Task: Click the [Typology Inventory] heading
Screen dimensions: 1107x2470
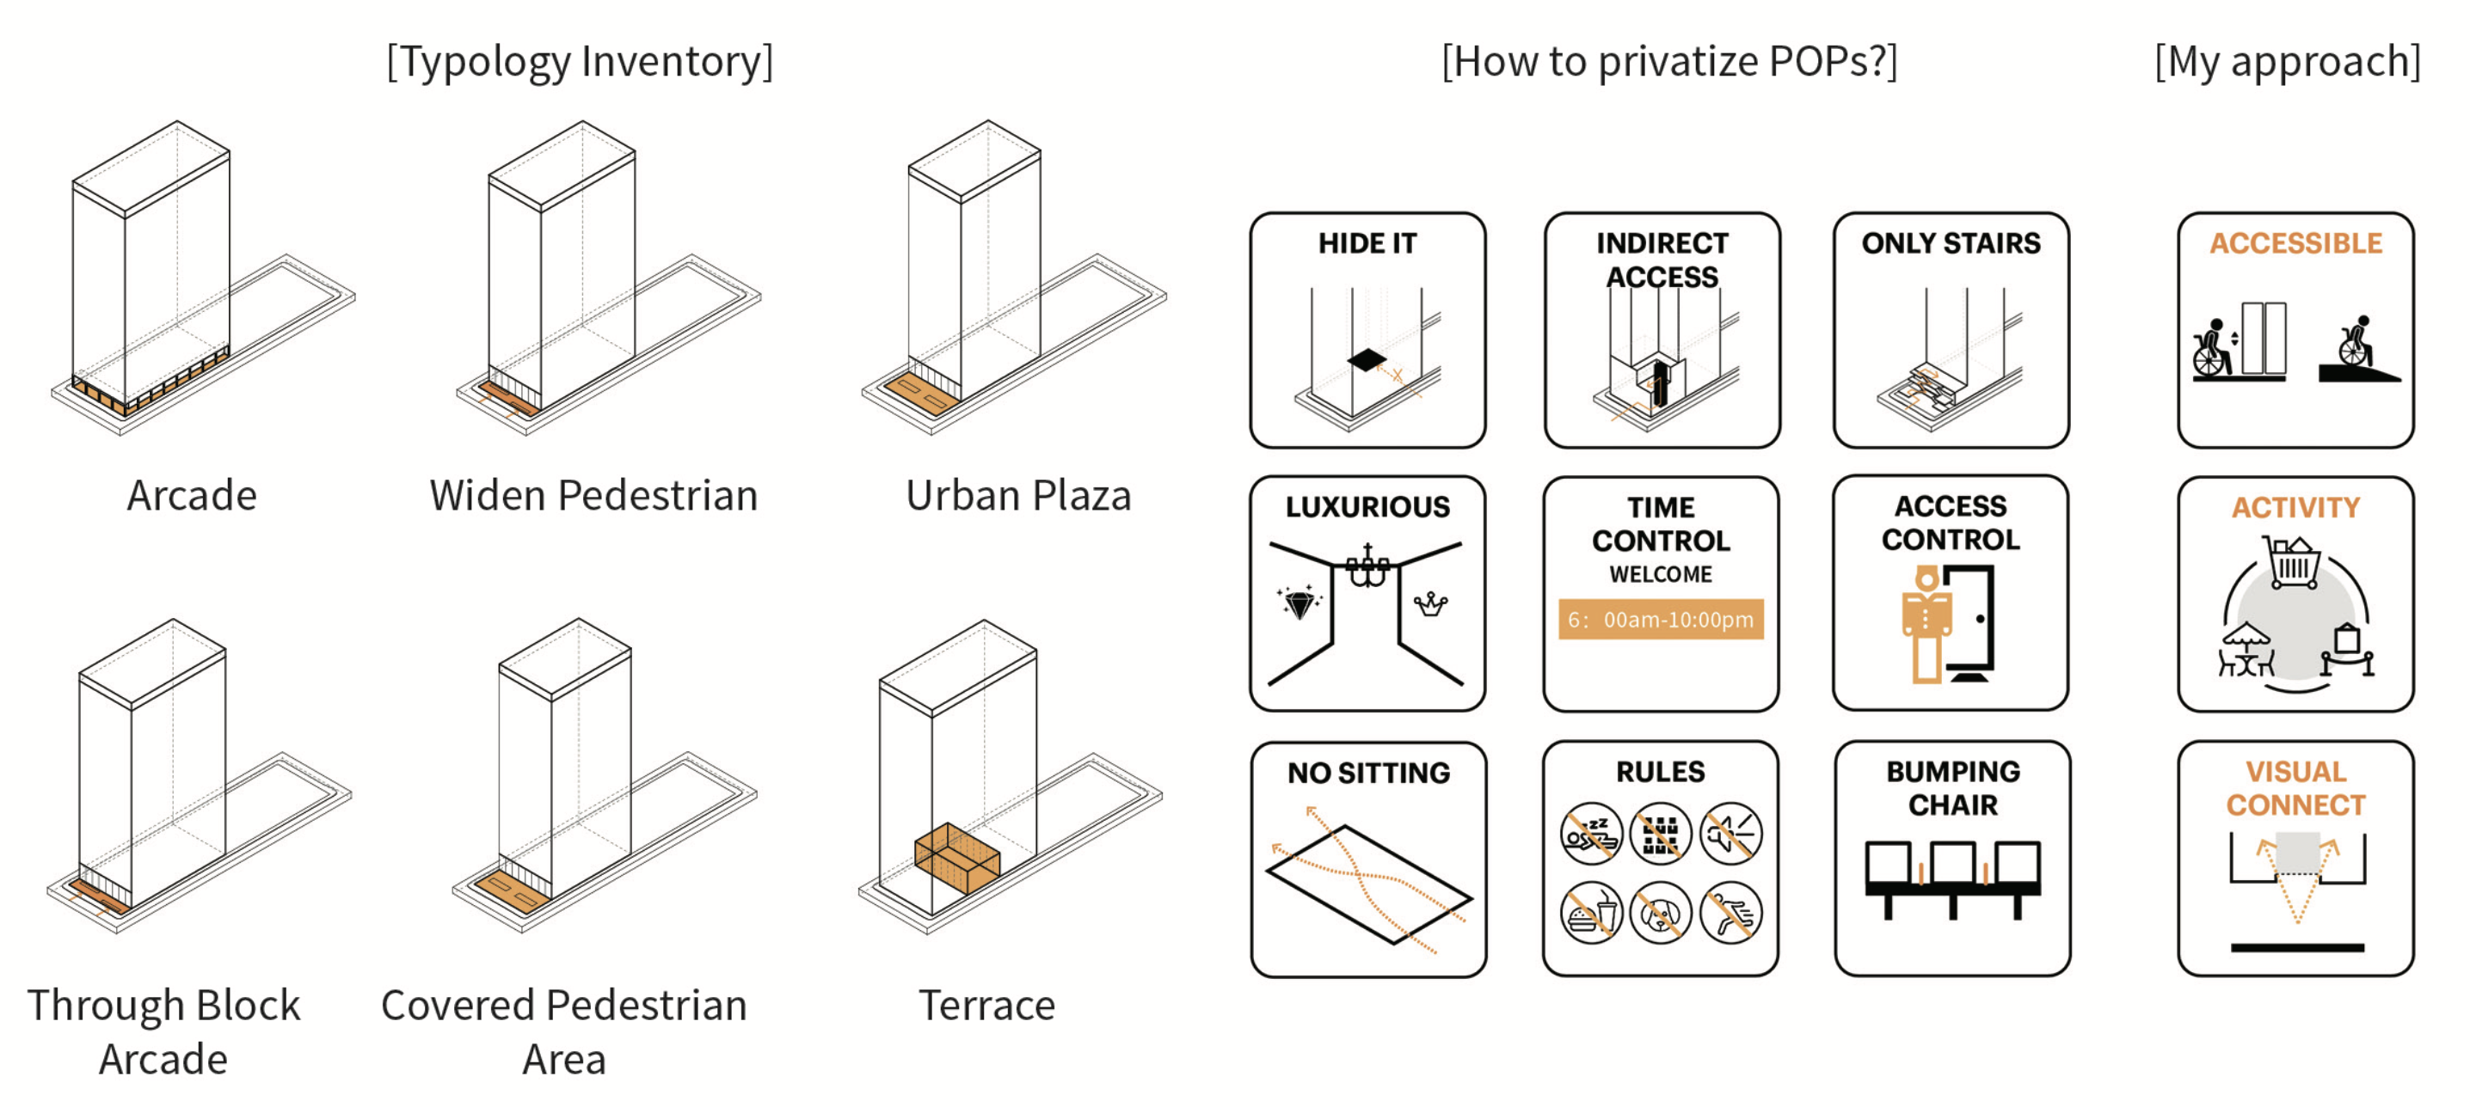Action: point(579,61)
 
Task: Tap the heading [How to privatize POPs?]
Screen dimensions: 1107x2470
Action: point(1668,61)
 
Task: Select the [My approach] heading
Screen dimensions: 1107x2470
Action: point(2287,61)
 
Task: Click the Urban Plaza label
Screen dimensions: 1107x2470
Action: point(1018,496)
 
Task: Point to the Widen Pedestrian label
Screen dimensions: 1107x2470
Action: point(593,496)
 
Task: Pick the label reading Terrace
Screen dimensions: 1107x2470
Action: point(986,1006)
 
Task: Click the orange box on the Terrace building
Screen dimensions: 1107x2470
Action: point(957,857)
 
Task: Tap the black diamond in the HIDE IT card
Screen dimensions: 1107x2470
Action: point(1367,360)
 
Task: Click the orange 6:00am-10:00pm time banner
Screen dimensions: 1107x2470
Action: point(1661,619)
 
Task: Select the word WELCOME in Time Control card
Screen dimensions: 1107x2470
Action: point(1661,574)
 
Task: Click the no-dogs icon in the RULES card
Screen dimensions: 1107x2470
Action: point(1660,913)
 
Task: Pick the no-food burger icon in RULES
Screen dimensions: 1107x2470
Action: point(1591,913)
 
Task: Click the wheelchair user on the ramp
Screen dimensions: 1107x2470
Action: point(2355,343)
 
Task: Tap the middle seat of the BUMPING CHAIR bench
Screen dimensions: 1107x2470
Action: point(1952,864)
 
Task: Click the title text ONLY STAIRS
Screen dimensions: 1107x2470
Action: point(1951,243)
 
